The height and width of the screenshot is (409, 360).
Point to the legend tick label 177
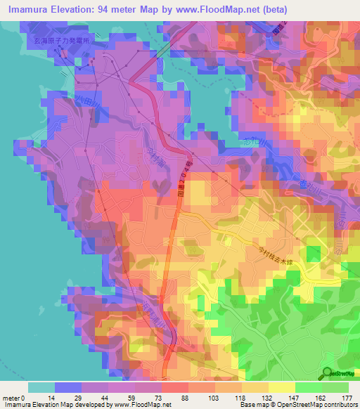(x=346, y=398)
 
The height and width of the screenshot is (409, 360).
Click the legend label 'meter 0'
(x=14, y=398)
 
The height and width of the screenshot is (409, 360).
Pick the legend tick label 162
(x=320, y=398)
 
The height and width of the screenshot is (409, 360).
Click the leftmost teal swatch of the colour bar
(x=41, y=387)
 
